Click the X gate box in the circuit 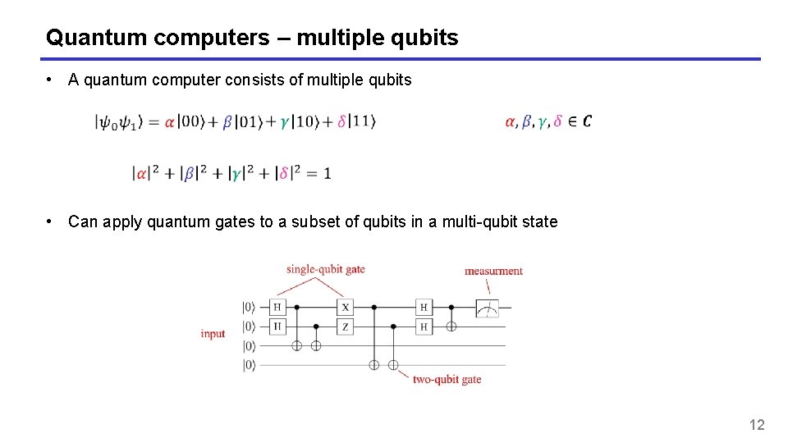tap(346, 307)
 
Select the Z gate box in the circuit tap(346, 326)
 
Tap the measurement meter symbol tap(488, 308)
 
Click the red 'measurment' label tap(493, 271)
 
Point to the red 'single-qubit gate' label tap(326, 269)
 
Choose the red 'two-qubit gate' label tap(447, 380)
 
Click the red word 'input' tap(213, 334)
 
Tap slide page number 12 tap(757, 424)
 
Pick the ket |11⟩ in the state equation tap(361, 122)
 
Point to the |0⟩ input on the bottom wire tap(249, 365)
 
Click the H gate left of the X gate tap(277, 307)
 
